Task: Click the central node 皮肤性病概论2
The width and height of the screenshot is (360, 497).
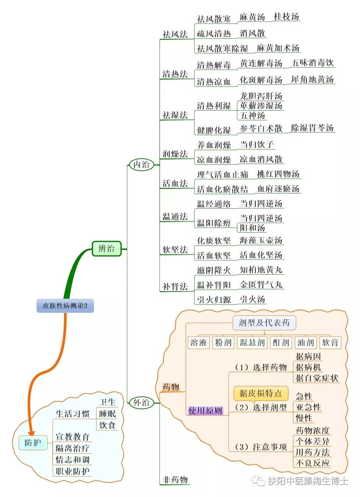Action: click(x=65, y=305)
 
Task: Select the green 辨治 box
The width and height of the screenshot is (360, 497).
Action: click(x=106, y=248)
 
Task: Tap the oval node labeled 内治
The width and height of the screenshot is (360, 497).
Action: click(x=142, y=165)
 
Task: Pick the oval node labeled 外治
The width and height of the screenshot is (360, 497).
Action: click(x=142, y=403)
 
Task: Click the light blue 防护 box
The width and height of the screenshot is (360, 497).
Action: click(x=33, y=442)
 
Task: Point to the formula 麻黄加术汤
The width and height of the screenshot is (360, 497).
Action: click(x=278, y=48)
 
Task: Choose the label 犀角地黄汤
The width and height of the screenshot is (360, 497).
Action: click(x=312, y=80)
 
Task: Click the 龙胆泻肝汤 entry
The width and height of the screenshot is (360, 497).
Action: click(x=261, y=96)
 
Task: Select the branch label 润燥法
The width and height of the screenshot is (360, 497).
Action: click(x=175, y=154)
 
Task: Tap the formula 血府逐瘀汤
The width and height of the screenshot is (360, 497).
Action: click(x=278, y=189)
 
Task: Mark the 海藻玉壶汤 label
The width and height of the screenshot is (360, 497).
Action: click(x=261, y=240)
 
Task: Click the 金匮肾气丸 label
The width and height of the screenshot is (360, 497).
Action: click(x=261, y=285)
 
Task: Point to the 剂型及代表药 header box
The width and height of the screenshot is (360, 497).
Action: click(x=264, y=323)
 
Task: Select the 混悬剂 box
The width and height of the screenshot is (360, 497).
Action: click(x=252, y=342)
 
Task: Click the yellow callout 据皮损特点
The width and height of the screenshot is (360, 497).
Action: click(x=261, y=393)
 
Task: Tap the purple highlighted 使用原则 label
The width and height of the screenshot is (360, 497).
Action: click(x=205, y=411)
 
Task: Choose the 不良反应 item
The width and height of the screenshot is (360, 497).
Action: click(x=312, y=463)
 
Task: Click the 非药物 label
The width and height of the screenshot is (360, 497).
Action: click(x=175, y=479)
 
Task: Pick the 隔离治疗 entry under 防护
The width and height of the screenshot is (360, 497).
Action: click(x=72, y=448)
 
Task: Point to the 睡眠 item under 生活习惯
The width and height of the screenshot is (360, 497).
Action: click(x=107, y=414)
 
